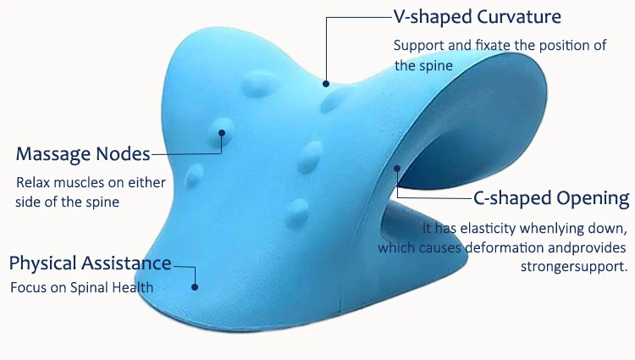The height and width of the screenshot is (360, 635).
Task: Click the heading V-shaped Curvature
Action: click(477, 16)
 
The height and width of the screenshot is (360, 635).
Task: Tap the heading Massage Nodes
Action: click(83, 154)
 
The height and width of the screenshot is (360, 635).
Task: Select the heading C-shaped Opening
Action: click(550, 198)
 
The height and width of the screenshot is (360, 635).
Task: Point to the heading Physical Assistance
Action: click(90, 263)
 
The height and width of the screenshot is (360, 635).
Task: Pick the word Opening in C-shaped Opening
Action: click(593, 198)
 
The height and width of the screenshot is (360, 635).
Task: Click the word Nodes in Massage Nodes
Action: click(124, 154)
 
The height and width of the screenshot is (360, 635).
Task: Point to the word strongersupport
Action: click(573, 266)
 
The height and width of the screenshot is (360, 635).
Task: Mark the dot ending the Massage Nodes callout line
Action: click(223, 132)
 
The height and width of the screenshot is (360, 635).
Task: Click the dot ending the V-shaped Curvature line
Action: click(325, 83)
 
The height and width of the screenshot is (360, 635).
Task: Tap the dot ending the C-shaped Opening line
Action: click(395, 169)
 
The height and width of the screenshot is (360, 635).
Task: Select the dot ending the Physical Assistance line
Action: click(196, 286)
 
